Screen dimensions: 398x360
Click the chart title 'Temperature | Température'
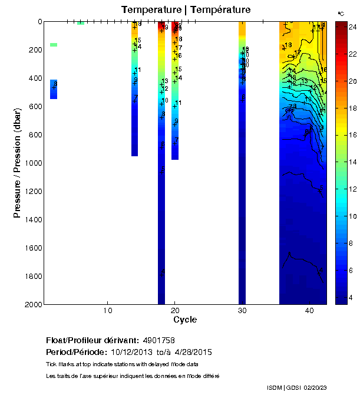pyautogui.click(x=186, y=10)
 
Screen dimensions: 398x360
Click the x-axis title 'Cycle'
pyautogui.click(x=185, y=320)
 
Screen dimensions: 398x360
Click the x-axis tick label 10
pyautogui.click(x=108, y=311)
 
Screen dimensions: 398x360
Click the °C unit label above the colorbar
pyautogui.click(x=341, y=13)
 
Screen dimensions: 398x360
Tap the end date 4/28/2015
pyautogui.click(x=192, y=352)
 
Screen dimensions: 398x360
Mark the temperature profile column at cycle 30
pyautogui.click(x=242, y=177)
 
